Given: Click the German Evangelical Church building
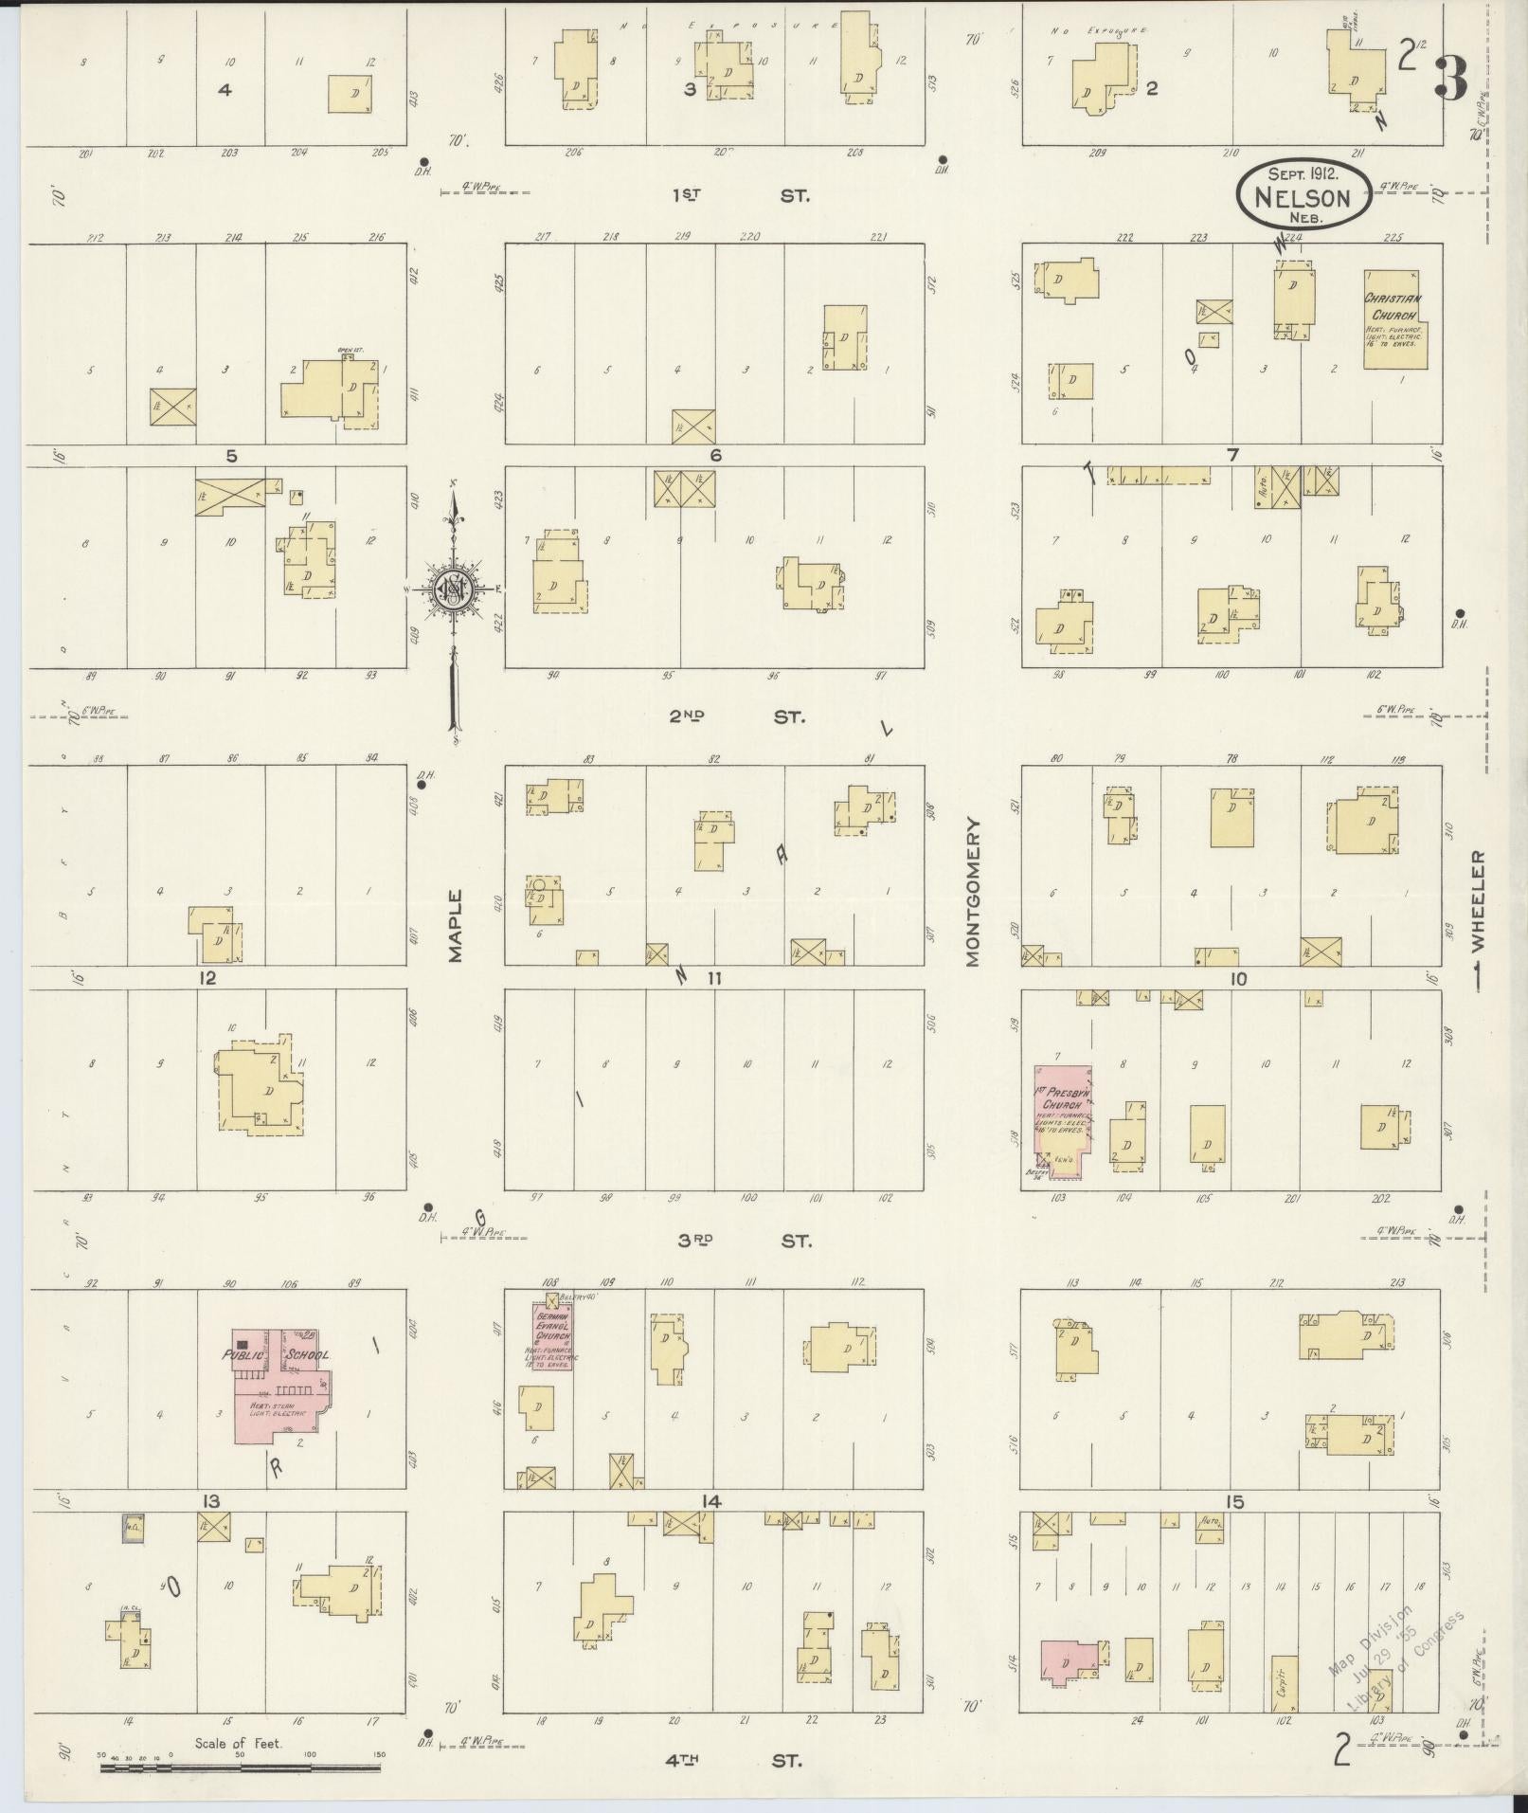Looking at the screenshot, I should [551, 1337].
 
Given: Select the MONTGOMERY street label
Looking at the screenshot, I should [972, 892].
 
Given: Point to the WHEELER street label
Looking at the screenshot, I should [1478, 908].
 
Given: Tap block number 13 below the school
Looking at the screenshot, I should [209, 1500].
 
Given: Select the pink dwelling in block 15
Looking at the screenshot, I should [1069, 1661].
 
